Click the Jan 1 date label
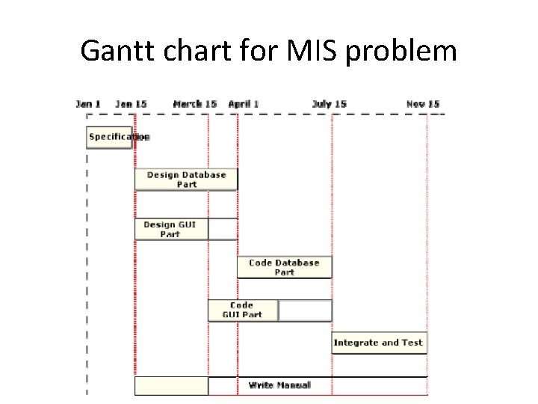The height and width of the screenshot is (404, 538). [x=88, y=104]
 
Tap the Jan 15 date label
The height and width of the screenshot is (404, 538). [x=132, y=104]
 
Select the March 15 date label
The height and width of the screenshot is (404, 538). [x=195, y=104]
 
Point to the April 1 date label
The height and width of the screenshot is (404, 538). [x=244, y=104]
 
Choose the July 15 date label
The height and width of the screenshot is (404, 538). [x=330, y=104]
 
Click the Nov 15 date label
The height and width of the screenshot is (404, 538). [x=423, y=104]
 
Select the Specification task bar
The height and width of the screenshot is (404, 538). [x=110, y=137]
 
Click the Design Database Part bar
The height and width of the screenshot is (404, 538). [x=186, y=180]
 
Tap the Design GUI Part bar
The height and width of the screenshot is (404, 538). [x=171, y=229]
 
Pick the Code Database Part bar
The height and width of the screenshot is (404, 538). [x=284, y=267]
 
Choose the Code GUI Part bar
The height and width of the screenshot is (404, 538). [x=243, y=310]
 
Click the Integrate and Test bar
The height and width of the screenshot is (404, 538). [x=379, y=343]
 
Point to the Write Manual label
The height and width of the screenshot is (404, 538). [x=279, y=385]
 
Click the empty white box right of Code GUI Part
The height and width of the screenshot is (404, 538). [x=305, y=310]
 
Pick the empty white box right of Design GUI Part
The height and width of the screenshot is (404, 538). [x=223, y=229]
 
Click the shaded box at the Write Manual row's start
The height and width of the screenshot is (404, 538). [x=171, y=385]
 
